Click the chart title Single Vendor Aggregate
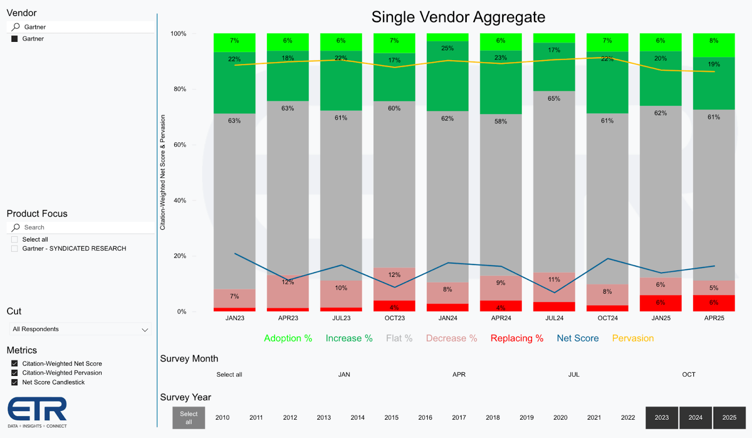click(x=458, y=17)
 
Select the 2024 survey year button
click(x=695, y=417)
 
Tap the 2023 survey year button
click(x=661, y=417)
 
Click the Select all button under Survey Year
click(x=188, y=417)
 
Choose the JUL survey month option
click(x=573, y=375)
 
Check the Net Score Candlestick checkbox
click(x=15, y=382)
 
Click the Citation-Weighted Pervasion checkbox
click(x=15, y=373)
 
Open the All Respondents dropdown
click(x=80, y=329)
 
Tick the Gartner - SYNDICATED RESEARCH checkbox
click(x=15, y=249)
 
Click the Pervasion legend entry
click(x=633, y=338)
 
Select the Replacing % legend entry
click(x=517, y=338)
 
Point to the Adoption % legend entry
click(x=288, y=338)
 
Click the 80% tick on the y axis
click(x=180, y=89)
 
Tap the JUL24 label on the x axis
click(x=554, y=318)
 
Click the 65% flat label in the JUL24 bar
click(x=554, y=99)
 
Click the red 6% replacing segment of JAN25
click(x=660, y=303)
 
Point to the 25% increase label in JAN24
click(x=447, y=48)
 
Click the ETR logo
click(x=37, y=412)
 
